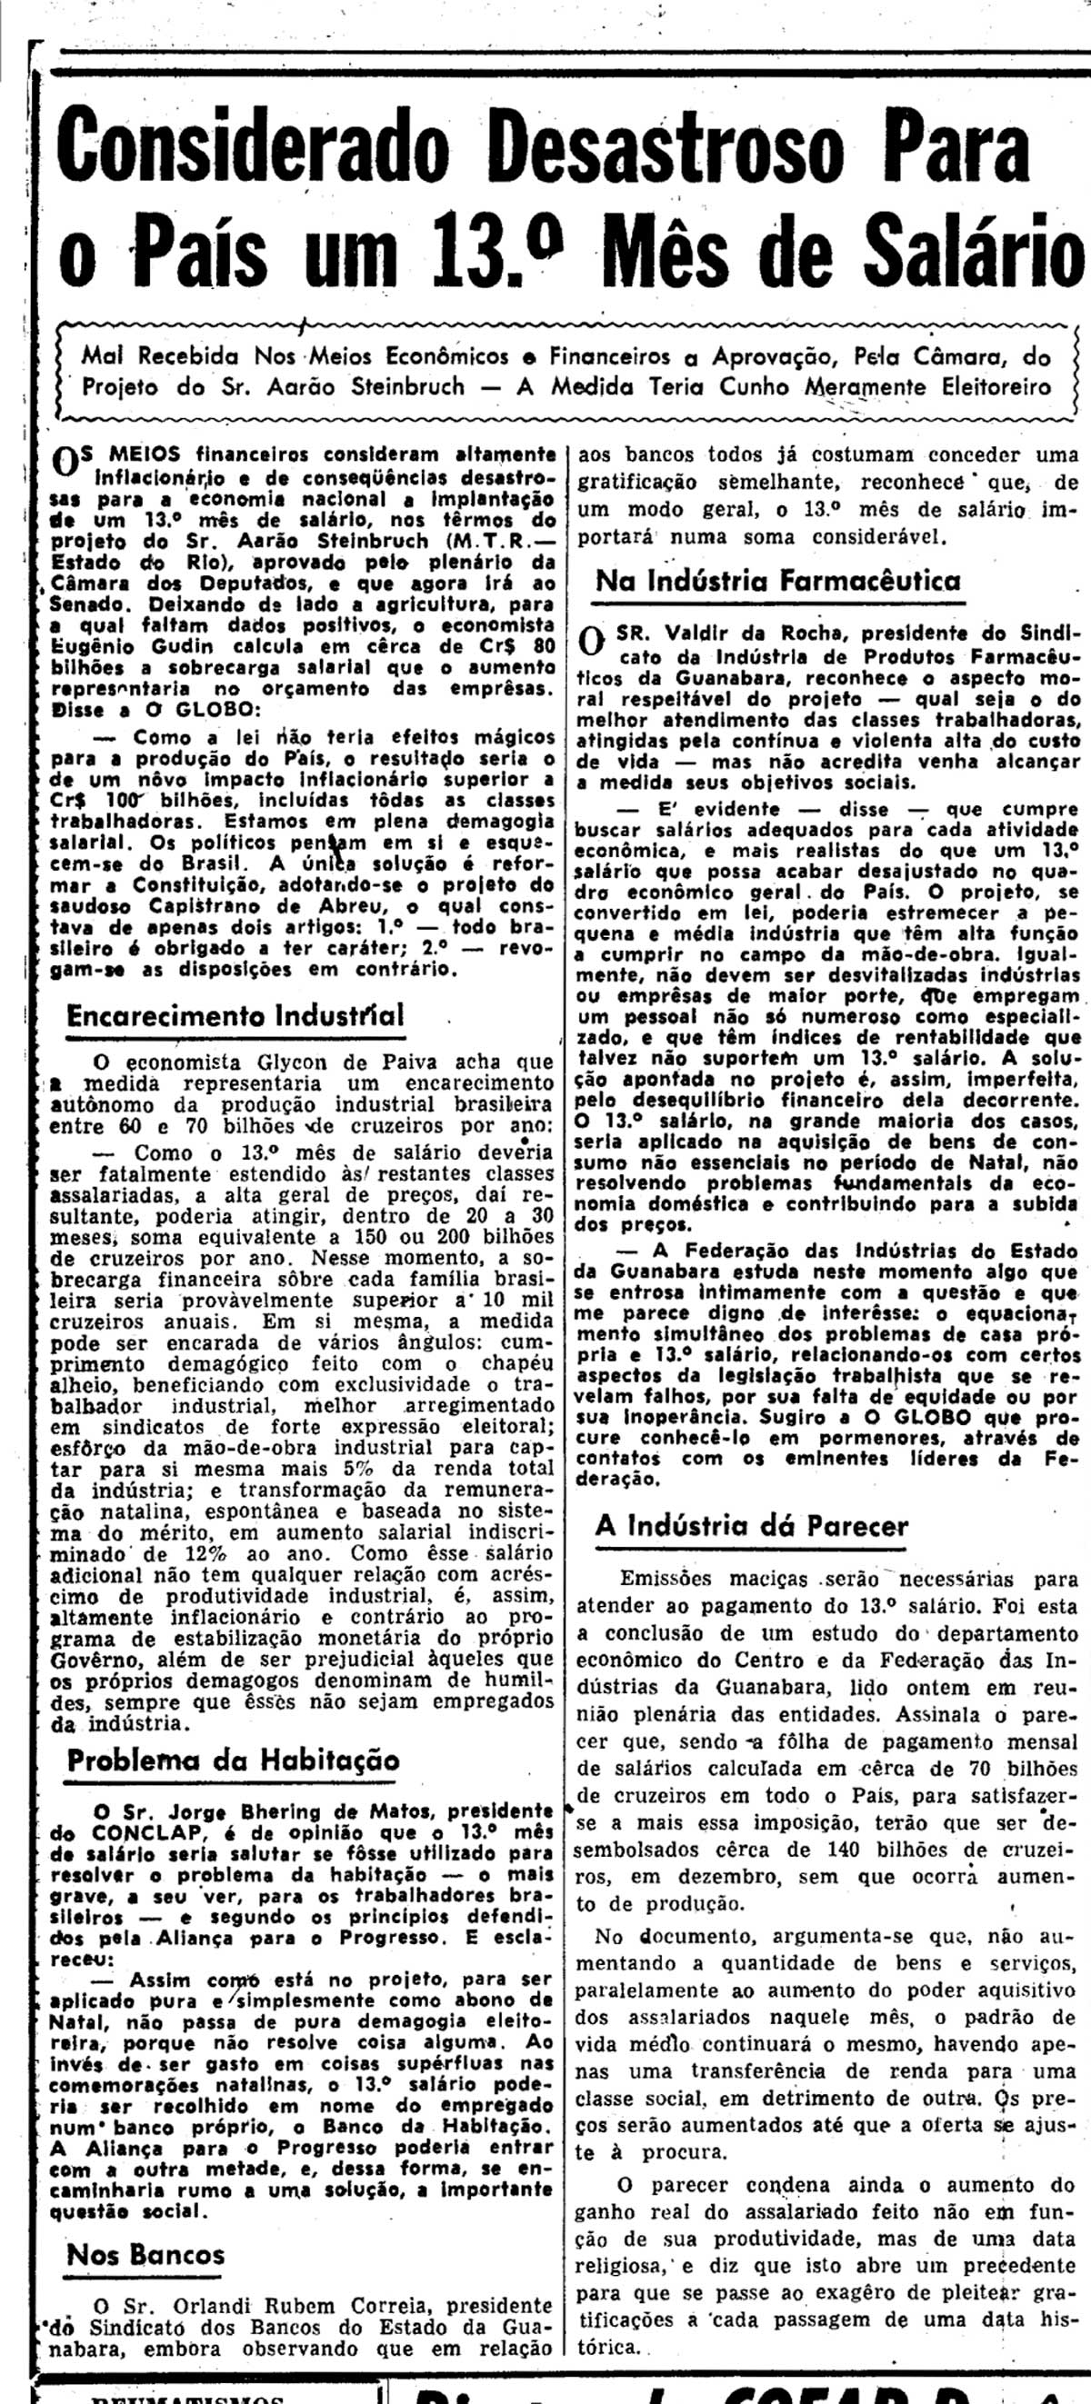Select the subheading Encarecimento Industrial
(235, 1015)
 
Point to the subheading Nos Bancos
(145, 2255)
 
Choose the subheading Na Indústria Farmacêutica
(777, 581)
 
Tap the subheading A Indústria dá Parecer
(751, 1526)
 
